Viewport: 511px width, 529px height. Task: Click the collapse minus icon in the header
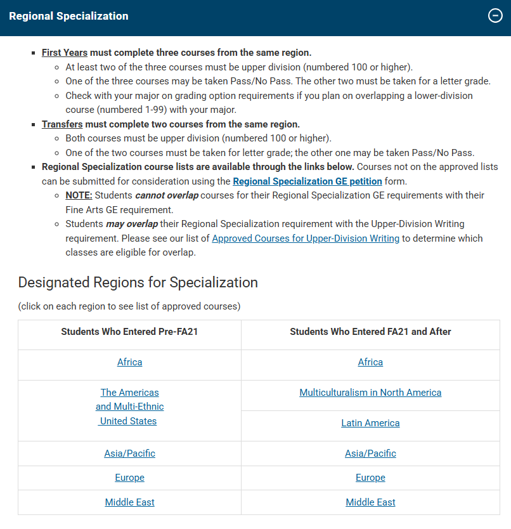[x=495, y=16]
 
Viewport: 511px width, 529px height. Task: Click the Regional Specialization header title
[x=68, y=16]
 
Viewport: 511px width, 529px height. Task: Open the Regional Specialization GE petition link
[x=307, y=181]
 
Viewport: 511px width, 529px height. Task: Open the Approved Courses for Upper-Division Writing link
[x=306, y=238]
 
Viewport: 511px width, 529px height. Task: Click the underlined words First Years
[x=65, y=53]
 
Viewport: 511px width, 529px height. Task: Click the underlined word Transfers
[x=62, y=124]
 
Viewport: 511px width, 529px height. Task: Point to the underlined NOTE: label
[x=79, y=195]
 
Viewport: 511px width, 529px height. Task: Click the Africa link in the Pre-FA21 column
[x=129, y=362]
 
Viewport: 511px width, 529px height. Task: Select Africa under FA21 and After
[x=370, y=362]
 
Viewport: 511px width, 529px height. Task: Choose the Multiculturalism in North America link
[x=370, y=393]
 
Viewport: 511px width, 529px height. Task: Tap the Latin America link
[x=370, y=423]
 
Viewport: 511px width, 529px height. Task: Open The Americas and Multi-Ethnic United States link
[x=129, y=407]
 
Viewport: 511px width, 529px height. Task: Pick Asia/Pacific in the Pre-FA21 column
[x=129, y=454]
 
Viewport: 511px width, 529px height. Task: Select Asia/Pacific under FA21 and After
[x=370, y=454]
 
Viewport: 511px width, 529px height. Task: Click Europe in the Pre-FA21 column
[x=129, y=478]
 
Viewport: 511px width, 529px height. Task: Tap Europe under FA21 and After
[x=370, y=478]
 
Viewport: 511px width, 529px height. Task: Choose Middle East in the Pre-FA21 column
[x=129, y=502]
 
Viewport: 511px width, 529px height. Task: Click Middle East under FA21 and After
[x=370, y=502]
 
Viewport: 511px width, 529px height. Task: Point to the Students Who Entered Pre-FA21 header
[x=129, y=332]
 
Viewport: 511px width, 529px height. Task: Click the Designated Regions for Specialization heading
[x=138, y=283]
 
